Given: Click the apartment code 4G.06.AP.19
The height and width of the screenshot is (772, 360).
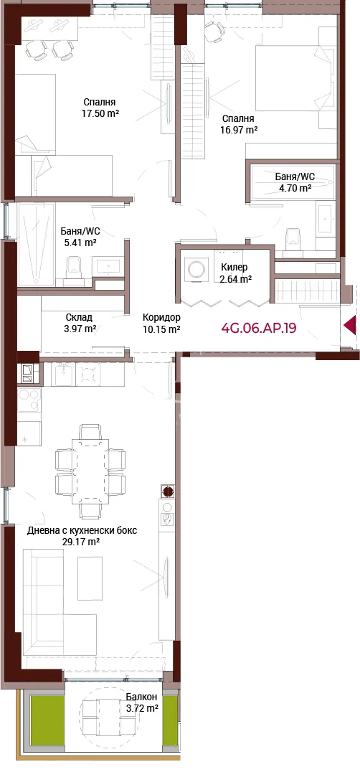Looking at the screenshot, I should (259, 329).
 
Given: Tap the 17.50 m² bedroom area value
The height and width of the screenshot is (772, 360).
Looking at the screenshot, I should (100, 113).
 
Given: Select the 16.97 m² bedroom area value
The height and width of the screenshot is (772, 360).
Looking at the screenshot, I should (240, 130).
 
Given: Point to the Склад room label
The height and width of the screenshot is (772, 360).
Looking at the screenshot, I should (79, 317).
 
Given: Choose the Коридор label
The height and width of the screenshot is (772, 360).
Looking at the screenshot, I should (161, 317).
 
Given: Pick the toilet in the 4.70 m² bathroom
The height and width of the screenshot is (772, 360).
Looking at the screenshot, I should (293, 239).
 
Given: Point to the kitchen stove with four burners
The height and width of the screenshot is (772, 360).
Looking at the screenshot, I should (87, 375).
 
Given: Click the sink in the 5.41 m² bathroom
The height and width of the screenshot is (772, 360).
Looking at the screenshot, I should (110, 266).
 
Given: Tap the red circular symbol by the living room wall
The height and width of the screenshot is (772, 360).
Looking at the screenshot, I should (168, 492).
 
